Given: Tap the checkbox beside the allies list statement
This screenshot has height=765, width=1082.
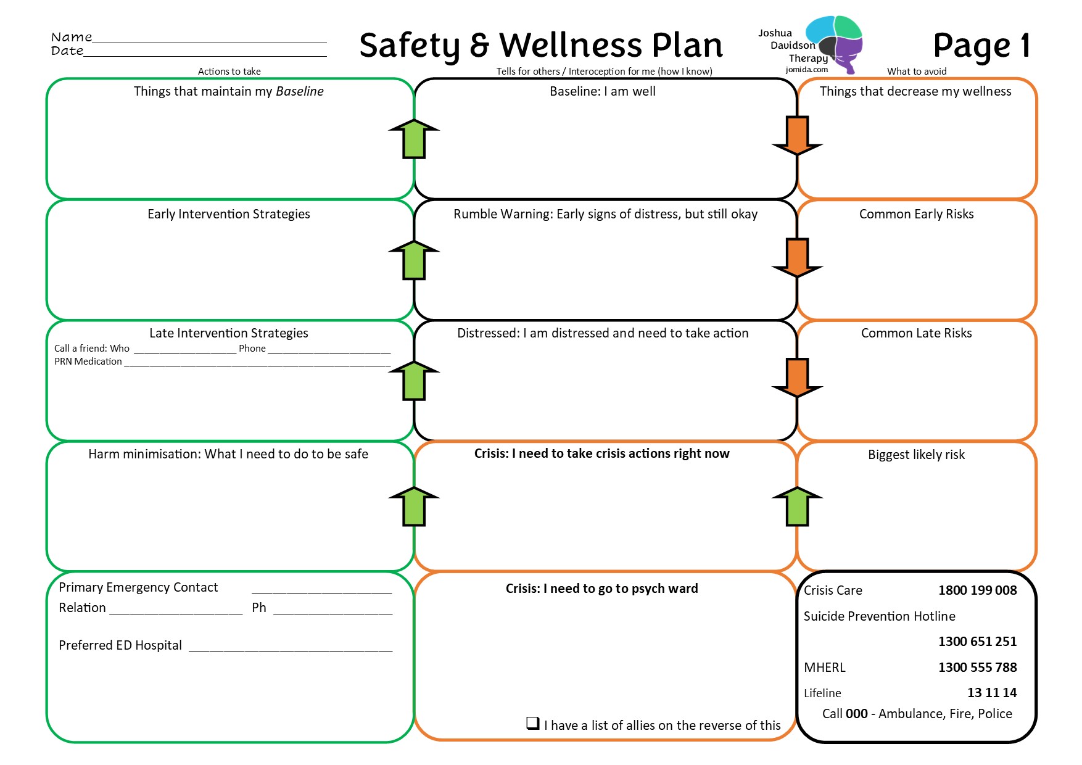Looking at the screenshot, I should pyautogui.click(x=533, y=723).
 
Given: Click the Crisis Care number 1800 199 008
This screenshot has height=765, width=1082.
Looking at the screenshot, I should pyautogui.click(x=977, y=590).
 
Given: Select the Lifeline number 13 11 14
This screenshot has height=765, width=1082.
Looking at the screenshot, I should pyautogui.click(x=991, y=693).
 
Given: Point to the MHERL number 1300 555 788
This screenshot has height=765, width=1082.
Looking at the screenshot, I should pyautogui.click(x=977, y=668).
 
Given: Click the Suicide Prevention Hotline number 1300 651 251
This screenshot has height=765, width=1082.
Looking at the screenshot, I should pyautogui.click(x=977, y=642).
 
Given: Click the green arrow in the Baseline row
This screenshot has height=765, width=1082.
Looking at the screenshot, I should pyautogui.click(x=414, y=139).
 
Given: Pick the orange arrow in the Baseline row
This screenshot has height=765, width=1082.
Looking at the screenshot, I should pyautogui.click(x=797, y=135).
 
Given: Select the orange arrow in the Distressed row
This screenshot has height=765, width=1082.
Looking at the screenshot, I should pyautogui.click(x=797, y=378).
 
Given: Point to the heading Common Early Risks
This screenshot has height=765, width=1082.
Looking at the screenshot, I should pyautogui.click(x=916, y=214).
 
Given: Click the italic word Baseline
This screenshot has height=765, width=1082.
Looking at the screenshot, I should pyautogui.click(x=300, y=91).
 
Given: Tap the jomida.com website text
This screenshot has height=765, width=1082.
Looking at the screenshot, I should pyautogui.click(x=807, y=70).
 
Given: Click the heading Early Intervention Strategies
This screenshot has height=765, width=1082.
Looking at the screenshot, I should pyautogui.click(x=229, y=214).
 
